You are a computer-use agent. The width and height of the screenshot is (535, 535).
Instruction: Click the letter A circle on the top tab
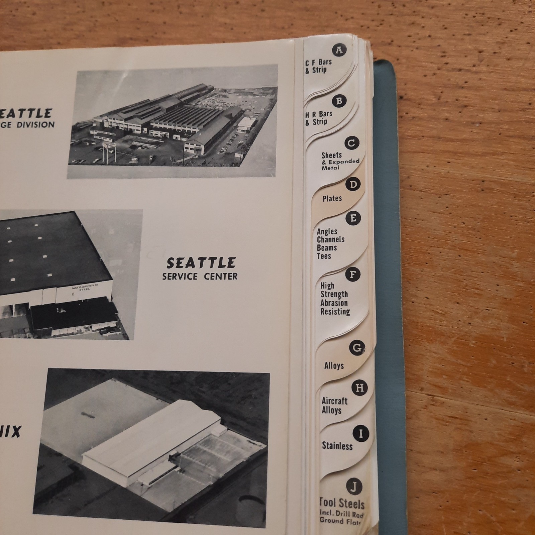[339, 50]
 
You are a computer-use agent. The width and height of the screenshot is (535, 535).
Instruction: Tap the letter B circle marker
[339, 101]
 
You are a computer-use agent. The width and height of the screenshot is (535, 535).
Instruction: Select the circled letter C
[351, 143]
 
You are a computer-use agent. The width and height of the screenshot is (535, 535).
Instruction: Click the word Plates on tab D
[332, 199]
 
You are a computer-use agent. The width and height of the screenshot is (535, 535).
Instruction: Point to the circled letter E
[353, 218]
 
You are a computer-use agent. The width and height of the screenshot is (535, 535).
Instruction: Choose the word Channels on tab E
[330, 239]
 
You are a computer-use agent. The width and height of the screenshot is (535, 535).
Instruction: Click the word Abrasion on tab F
[334, 303]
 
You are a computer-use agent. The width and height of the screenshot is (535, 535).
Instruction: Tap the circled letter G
[357, 348]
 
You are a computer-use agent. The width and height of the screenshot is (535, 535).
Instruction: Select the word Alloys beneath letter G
[334, 366]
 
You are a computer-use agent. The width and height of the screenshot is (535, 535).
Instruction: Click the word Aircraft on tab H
[334, 401]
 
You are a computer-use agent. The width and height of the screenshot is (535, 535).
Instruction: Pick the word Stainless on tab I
[337, 446]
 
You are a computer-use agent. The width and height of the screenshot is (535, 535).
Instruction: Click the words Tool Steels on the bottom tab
[342, 503]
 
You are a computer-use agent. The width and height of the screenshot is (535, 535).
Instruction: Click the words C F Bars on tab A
[318, 62]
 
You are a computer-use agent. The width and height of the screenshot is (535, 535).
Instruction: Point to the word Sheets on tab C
[331, 155]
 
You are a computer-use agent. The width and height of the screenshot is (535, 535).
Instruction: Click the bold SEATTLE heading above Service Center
[201, 263]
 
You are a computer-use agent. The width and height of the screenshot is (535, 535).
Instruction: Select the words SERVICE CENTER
[200, 277]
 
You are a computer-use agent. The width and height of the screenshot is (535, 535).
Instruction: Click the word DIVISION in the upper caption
[36, 125]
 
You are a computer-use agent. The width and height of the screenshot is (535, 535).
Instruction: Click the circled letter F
[352, 275]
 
